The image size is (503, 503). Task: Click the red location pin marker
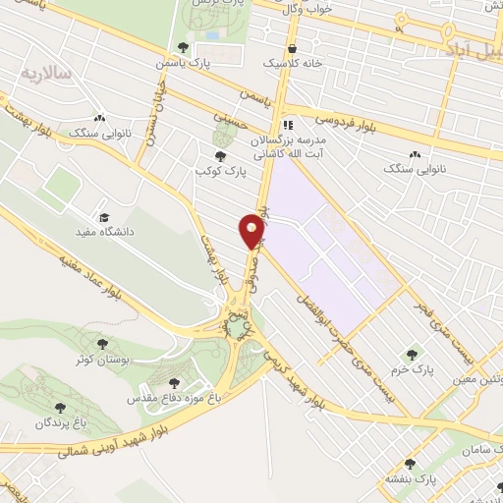251,232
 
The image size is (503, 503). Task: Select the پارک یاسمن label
182,62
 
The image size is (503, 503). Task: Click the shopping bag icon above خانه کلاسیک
292,48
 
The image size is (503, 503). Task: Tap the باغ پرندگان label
42,422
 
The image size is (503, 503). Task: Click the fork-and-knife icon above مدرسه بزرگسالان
288,125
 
